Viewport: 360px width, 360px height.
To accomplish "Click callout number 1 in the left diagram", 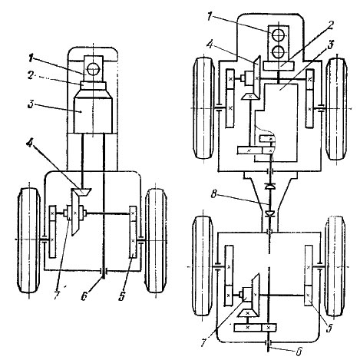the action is pos(31,59).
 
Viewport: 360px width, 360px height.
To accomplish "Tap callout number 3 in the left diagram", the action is pos(31,104).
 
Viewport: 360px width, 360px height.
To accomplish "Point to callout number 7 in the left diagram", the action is pos(57,295).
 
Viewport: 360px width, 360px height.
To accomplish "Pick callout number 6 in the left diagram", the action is pos(84,296).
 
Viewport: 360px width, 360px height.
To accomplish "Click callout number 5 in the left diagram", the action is pos(122,296).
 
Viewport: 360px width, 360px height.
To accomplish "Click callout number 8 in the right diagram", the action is pos(214,194).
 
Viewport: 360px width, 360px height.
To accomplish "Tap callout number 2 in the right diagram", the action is pos(331,25).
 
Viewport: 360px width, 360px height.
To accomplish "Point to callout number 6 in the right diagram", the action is pos(299,352).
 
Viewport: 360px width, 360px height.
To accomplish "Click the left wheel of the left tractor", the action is pos(29,240).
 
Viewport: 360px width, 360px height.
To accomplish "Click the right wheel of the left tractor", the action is pos(155,240).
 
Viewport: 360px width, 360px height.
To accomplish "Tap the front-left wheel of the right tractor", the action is pos(204,108).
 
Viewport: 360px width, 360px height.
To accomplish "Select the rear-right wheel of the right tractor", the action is pos(335,266).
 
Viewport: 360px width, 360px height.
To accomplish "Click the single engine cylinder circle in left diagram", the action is pos(93,68).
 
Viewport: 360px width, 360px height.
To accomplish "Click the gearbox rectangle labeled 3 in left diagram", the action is pos(93,114).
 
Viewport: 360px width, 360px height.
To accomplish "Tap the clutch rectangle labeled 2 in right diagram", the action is pos(279,66).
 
